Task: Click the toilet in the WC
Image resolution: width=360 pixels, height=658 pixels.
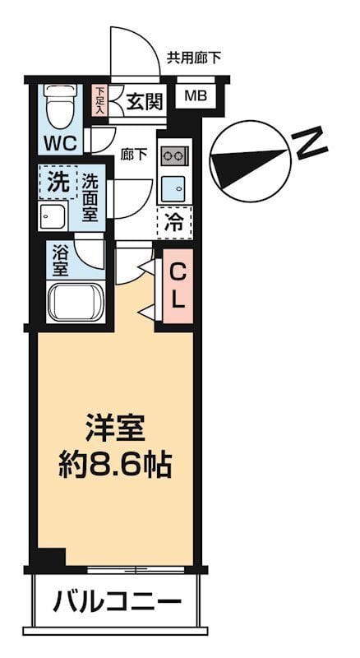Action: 58,108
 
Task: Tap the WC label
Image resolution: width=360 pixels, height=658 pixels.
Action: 60,142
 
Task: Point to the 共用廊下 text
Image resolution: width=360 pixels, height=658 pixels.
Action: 193,58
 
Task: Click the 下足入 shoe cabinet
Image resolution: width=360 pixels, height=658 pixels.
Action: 99,101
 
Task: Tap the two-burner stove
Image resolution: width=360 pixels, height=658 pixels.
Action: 175,155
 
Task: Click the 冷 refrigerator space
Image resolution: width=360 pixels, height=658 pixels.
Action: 174,220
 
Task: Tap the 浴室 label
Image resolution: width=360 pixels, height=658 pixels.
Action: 60,261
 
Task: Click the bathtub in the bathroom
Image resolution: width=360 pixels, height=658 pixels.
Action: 75,302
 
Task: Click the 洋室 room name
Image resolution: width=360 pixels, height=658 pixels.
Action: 115,429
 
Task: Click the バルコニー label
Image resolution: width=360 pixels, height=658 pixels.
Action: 117,602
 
